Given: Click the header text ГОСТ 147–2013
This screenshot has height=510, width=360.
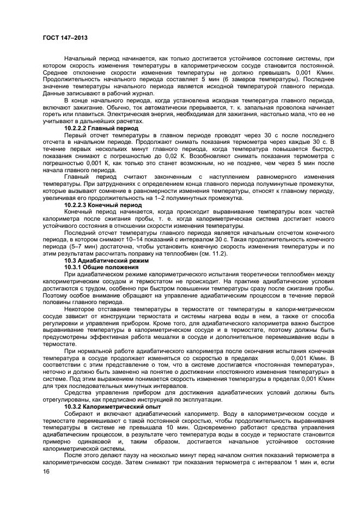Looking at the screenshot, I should point(65,38).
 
